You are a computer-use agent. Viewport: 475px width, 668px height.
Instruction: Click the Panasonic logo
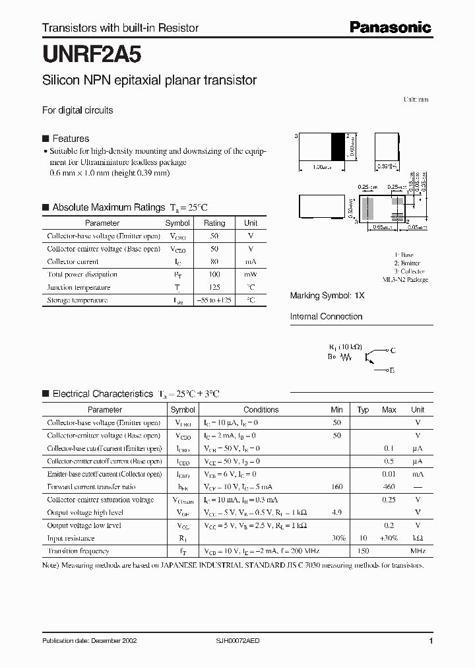click(390, 27)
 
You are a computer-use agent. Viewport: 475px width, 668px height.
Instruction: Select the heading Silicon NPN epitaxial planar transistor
click(149, 81)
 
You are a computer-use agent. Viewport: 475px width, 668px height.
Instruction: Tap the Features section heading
click(71, 139)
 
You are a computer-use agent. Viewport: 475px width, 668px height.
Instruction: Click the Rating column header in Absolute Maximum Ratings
click(214, 223)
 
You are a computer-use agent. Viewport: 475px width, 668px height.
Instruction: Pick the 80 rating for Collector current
click(214, 261)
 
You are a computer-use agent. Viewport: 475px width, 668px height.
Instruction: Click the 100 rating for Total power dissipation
click(214, 274)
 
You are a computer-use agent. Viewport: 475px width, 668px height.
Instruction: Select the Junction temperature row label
click(79, 287)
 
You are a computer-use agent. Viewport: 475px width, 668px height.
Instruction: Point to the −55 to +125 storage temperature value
click(214, 300)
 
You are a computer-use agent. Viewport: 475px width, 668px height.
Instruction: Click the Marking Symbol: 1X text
click(327, 296)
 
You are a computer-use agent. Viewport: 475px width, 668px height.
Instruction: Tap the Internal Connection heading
click(326, 317)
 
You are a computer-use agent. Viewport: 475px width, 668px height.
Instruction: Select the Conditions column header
click(261, 410)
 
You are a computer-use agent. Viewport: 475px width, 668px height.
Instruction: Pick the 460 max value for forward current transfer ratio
click(389, 487)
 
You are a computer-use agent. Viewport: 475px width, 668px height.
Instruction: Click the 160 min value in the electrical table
click(337, 487)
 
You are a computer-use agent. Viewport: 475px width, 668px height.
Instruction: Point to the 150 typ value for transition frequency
click(362, 551)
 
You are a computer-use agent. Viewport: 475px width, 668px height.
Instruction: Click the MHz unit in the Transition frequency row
click(418, 551)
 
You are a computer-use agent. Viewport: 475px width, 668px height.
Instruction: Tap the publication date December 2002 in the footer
click(90, 641)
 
